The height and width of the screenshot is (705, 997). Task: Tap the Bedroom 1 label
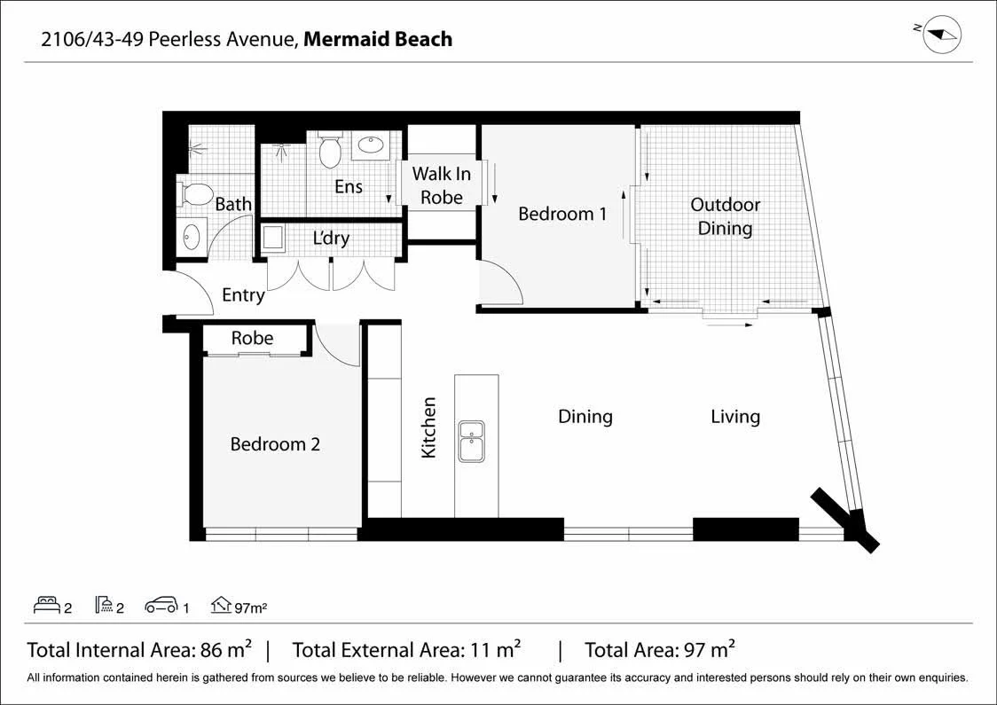[562, 214]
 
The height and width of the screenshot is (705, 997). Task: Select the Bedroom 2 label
[275, 443]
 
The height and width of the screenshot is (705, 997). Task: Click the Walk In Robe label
[441, 185]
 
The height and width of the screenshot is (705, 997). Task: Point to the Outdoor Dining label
[725, 216]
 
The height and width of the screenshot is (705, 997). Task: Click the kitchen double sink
[471, 441]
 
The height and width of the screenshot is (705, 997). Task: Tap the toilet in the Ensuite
[330, 149]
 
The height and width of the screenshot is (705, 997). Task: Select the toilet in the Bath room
[196, 194]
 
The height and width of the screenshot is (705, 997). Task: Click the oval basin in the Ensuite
[370, 145]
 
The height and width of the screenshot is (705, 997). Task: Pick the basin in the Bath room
[192, 237]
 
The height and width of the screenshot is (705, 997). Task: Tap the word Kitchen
[429, 427]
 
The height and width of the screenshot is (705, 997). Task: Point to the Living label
[735, 417]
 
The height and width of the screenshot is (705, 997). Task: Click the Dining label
[585, 417]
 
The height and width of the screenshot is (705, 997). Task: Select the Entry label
[243, 295]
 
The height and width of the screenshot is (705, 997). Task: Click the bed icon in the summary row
[46, 605]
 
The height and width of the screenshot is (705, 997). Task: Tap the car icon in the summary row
[161, 605]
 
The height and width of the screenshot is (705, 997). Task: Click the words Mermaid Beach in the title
[378, 39]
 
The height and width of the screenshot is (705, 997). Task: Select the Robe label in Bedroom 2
[252, 338]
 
